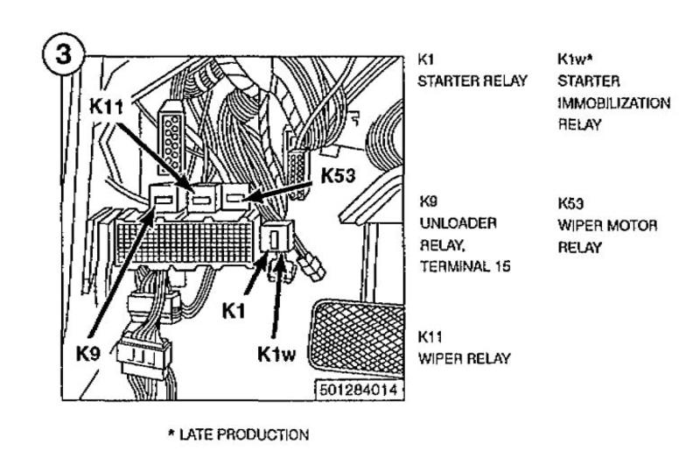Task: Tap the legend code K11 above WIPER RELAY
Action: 429,335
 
